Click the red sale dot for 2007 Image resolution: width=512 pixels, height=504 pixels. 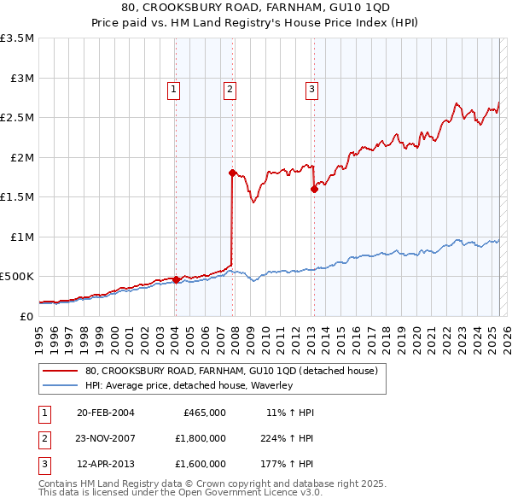(232, 173)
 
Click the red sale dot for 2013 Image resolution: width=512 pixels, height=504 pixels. (314, 189)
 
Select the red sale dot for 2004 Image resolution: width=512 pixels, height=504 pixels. (176, 279)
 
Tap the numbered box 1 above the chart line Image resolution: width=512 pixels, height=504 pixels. (173, 87)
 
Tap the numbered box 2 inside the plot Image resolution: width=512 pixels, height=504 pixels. (230, 87)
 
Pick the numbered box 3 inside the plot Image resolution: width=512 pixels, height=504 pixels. (312, 87)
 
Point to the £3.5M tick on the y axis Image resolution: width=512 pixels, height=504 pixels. (17, 39)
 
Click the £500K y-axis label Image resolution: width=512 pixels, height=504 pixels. (17, 277)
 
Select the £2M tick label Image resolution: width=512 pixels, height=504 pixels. (20, 158)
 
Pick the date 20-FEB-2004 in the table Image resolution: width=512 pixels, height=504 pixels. (106, 413)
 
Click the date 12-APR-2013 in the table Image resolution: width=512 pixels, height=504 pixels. (106, 464)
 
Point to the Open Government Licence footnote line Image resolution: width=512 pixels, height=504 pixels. (179, 494)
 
